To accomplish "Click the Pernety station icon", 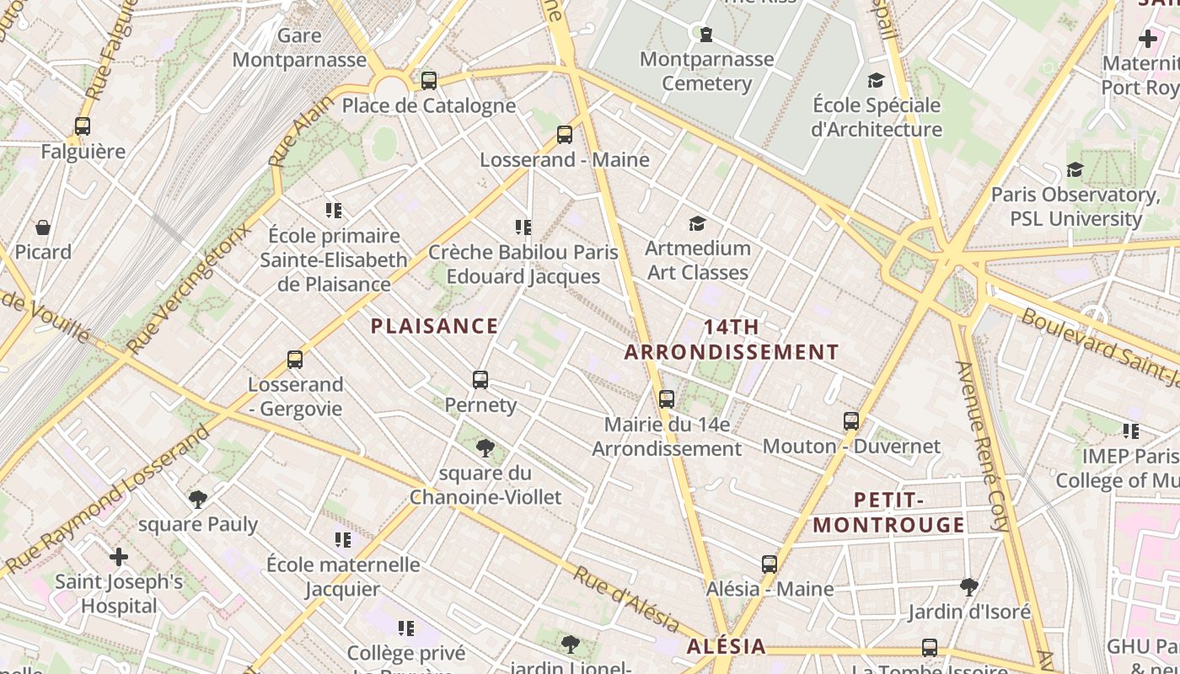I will pos(480,380).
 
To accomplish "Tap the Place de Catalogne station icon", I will pos(429,81).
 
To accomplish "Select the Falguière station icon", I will pos(83,126).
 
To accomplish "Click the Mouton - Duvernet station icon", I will pos(851,420).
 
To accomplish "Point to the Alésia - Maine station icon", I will pos(770,564).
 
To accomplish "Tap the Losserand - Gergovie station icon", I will pos(295,360).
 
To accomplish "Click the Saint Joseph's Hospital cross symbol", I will pos(119,556).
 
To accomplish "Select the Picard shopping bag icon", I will pos(43,227).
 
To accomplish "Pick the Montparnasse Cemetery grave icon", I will pos(706,35).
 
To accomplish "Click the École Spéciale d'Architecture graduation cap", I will pos(877,81).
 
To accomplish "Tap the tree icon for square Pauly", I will pos(198,500).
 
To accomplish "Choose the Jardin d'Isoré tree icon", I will pos(969,586).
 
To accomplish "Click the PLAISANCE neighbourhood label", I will pos(434,326).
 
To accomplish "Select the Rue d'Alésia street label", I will pos(626,600).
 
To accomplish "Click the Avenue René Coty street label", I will pos(981,447).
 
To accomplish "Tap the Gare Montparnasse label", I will pos(299,48).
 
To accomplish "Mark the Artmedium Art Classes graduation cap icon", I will pos(697,223).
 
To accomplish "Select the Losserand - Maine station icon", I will pos(565,135).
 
